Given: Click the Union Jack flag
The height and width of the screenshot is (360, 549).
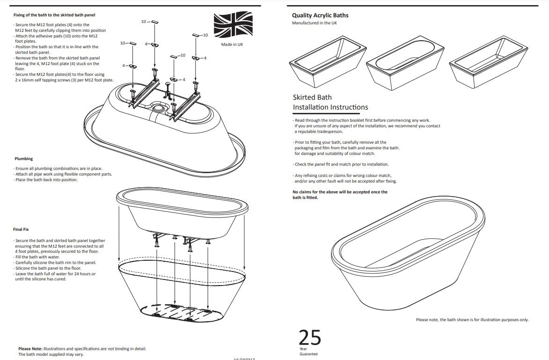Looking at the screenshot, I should pos(233,25).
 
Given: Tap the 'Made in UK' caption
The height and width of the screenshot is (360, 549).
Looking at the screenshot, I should pos(232,44).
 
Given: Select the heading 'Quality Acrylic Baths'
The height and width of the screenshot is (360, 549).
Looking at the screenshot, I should pos(320,15).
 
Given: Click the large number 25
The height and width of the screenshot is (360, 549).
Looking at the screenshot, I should pos(310,337).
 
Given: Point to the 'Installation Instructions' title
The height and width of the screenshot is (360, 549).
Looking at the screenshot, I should pos(330,107).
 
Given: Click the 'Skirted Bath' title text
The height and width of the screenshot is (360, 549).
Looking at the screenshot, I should pos(312,97).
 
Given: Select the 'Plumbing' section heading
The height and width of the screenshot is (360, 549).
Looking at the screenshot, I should pos(23,159).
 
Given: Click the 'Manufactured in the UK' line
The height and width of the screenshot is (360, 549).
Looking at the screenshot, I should pos(314,23).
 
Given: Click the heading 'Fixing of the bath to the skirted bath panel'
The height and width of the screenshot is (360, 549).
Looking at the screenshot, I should pos(54,15).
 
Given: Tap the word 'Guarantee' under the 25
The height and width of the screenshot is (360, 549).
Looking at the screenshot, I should pos(308,354).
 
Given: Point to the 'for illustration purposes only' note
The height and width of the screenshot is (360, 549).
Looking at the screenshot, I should pos(496,320).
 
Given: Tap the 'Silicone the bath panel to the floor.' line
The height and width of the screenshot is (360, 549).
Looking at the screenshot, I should pos(48,268).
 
